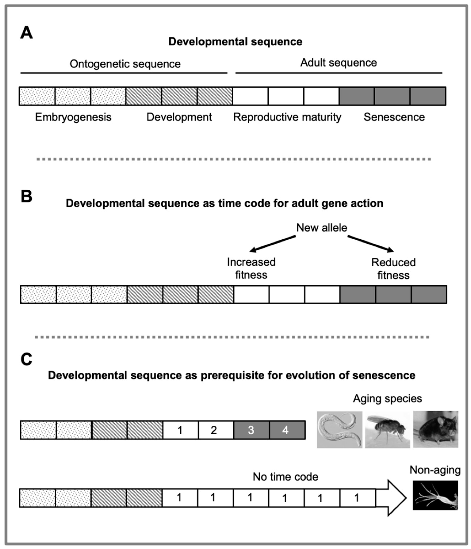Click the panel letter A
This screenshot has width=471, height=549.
pyautogui.click(x=26, y=33)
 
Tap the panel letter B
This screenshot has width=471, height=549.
pyautogui.click(x=26, y=196)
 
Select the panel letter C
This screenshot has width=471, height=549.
pyautogui.click(x=26, y=359)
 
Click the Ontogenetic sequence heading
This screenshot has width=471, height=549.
pyautogui.click(x=125, y=64)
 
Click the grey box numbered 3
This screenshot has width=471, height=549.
pyautogui.click(x=251, y=430)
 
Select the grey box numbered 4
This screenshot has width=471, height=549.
pyautogui.click(x=286, y=430)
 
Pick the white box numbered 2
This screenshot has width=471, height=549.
pyautogui.click(x=214, y=430)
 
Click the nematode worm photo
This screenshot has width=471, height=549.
pyautogui.click(x=339, y=430)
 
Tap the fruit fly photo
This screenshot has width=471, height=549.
pyautogui.click(x=387, y=430)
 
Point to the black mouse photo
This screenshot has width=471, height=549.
pyautogui.click(x=435, y=430)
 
